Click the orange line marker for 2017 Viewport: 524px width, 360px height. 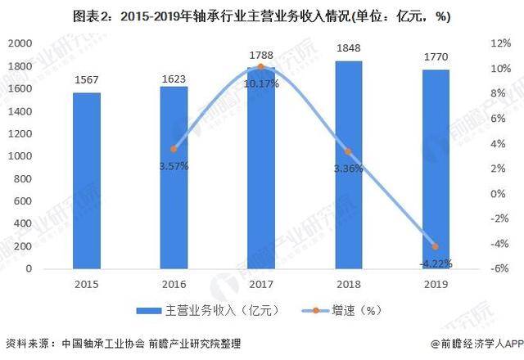coord(260,66)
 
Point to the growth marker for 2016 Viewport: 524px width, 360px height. coord(174,149)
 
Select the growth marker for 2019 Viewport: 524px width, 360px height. coord(435,246)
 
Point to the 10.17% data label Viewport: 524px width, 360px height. coord(260,83)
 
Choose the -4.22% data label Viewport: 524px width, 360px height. coord(435,263)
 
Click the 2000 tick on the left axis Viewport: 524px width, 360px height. coord(28,43)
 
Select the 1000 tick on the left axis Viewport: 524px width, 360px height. coord(28,155)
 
